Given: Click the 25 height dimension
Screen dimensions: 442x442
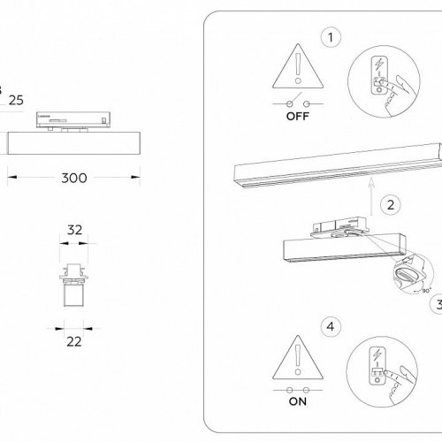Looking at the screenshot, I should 15,100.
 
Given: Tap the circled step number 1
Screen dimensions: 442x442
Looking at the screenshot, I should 331,38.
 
